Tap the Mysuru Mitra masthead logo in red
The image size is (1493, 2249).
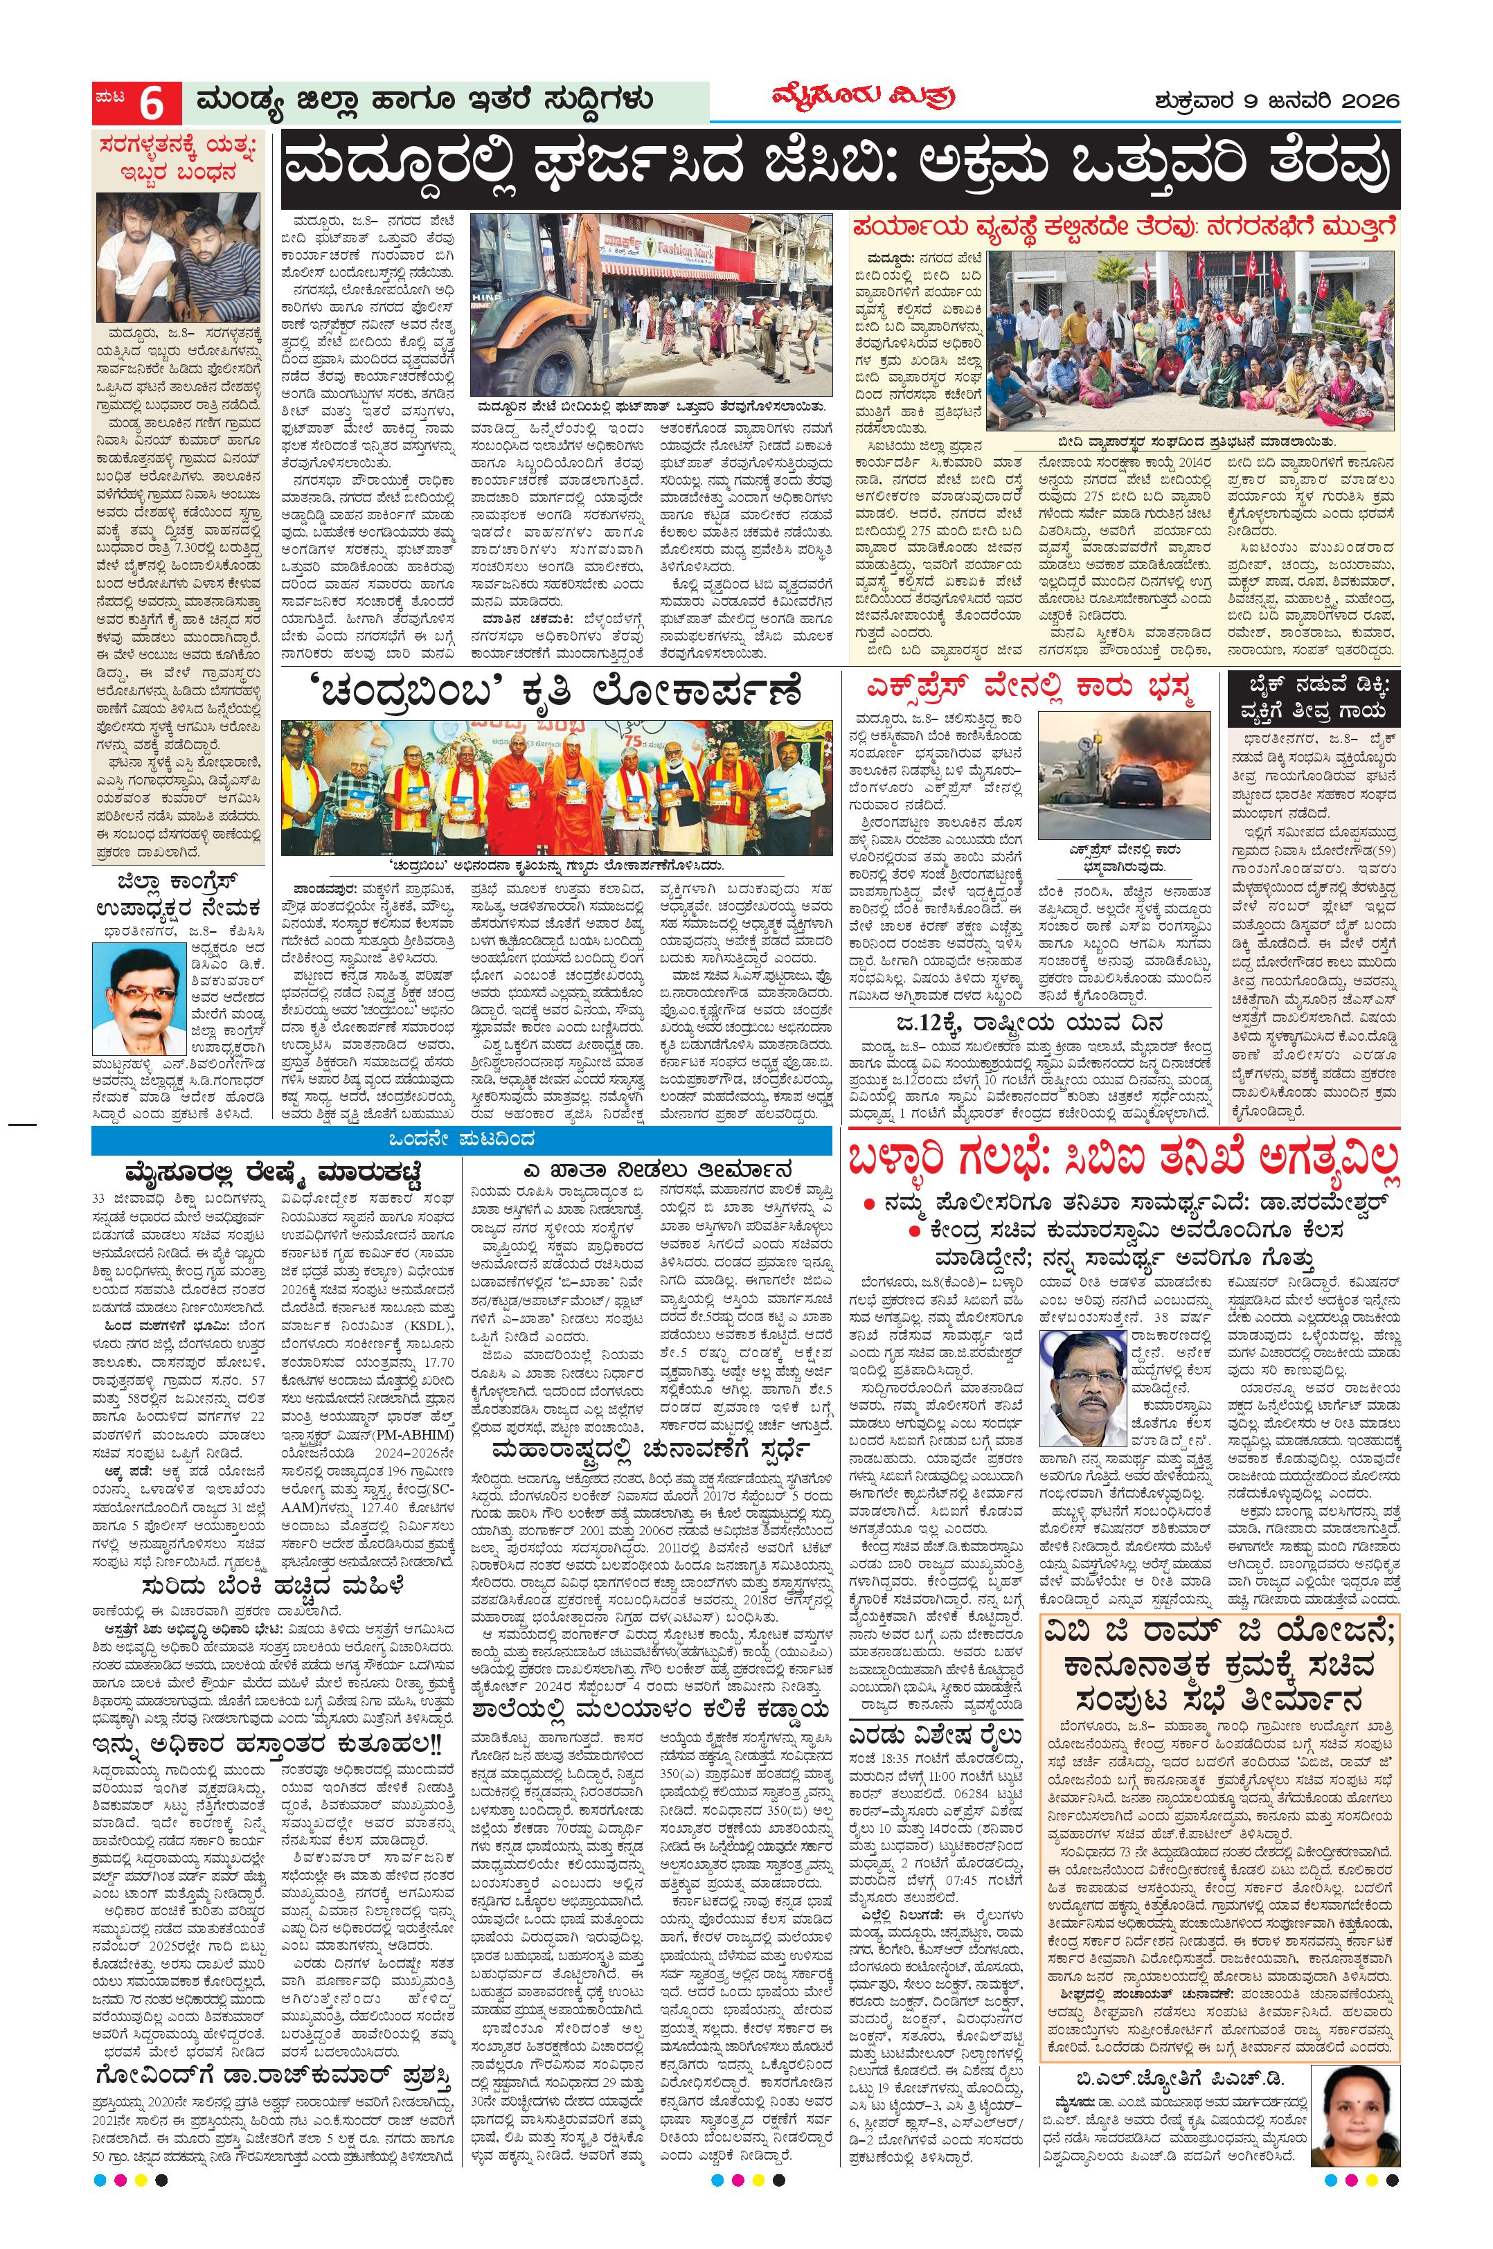pyautogui.click(x=863, y=98)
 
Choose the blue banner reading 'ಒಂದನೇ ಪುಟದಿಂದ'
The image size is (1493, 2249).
pyautogui.click(x=462, y=1139)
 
